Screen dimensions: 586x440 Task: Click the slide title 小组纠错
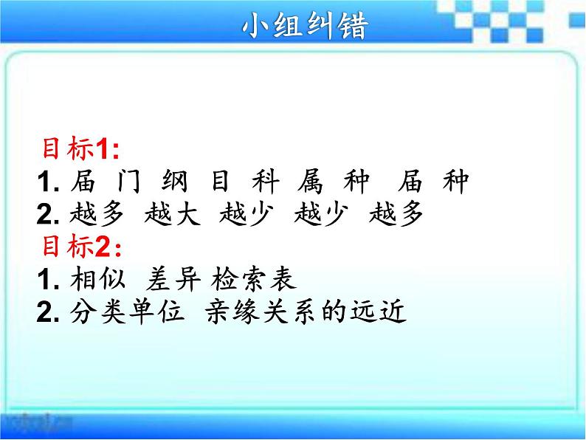(306, 25)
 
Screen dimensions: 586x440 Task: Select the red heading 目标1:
(80, 149)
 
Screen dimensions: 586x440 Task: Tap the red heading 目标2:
(82, 247)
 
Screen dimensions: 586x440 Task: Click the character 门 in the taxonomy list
(128, 181)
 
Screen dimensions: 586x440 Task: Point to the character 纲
(174, 181)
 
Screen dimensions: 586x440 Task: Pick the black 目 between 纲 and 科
(220, 181)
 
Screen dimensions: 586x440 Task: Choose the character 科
(266, 181)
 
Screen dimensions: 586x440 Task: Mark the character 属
(310, 181)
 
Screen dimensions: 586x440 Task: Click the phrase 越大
(172, 213)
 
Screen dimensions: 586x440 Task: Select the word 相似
(98, 278)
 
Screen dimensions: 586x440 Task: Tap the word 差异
(173, 279)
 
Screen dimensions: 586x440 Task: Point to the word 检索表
(254, 278)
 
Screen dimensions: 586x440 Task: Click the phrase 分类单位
(127, 311)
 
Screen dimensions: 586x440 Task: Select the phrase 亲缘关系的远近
(306, 311)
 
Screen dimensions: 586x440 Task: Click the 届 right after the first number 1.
(83, 181)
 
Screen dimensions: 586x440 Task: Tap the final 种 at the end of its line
(455, 181)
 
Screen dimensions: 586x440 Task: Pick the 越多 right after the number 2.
(97, 213)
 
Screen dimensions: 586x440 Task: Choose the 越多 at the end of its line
(396, 213)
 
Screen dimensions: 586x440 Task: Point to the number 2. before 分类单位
(48, 312)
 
